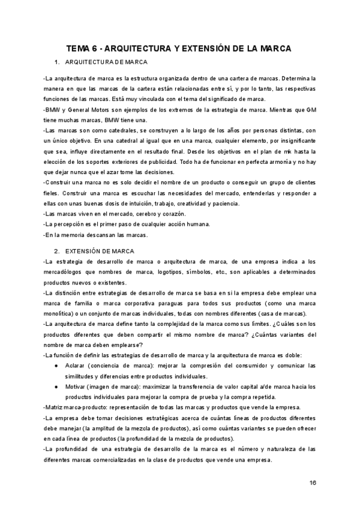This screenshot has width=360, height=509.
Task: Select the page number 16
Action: (313, 483)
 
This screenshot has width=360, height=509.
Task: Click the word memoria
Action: (73, 235)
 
